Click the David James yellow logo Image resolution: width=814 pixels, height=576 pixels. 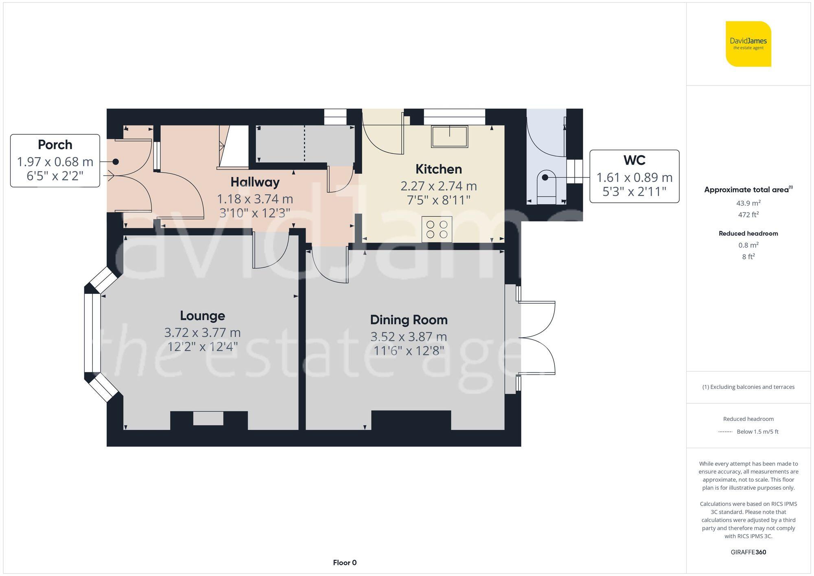click(748, 44)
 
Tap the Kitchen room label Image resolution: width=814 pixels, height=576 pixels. click(438, 169)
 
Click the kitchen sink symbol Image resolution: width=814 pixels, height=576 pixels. click(449, 136)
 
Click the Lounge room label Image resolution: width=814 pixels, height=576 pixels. click(202, 315)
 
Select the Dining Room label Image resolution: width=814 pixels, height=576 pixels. click(409, 320)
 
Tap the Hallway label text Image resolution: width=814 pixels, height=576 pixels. click(255, 182)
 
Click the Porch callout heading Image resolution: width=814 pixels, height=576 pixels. click(55, 145)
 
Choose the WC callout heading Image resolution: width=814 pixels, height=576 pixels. click(634, 160)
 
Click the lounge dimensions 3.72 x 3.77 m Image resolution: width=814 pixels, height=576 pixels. click(202, 333)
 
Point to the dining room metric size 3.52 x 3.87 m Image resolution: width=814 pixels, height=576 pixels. click(409, 337)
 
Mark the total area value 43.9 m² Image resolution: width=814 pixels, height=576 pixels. click(748, 203)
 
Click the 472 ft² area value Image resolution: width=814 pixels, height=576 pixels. click(748, 215)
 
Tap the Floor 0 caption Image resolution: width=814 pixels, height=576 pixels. click(344, 563)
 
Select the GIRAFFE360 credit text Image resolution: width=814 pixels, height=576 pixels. click(748, 552)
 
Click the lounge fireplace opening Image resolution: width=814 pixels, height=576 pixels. click(208, 418)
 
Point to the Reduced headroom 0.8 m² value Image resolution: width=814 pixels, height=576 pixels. click(748, 245)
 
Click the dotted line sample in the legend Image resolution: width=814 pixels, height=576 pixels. click(725, 431)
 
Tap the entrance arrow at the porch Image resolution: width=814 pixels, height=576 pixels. click(109, 176)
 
